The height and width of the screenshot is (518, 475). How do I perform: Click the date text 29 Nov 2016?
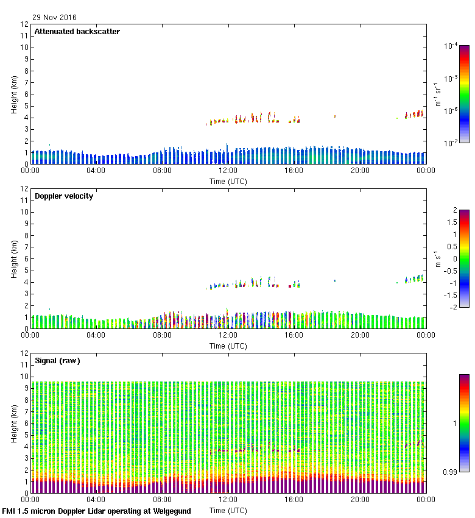point(55,17)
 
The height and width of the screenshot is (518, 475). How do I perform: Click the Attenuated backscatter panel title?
point(77,32)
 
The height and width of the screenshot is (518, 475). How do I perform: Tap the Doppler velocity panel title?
point(64,196)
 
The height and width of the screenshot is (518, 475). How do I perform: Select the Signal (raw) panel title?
point(57,361)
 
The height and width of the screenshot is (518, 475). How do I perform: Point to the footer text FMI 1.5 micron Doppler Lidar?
point(96,511)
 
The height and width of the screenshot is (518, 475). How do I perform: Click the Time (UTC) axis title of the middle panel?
point(228,346)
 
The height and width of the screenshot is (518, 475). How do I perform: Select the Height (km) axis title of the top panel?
point(14,94)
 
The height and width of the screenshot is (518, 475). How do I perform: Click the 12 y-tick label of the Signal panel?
point(25,353)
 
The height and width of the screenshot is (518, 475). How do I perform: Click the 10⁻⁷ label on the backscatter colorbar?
point(451,143)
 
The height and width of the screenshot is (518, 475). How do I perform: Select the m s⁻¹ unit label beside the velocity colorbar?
point(437,258)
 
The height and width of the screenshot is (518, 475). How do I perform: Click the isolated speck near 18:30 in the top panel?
point(335,116)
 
